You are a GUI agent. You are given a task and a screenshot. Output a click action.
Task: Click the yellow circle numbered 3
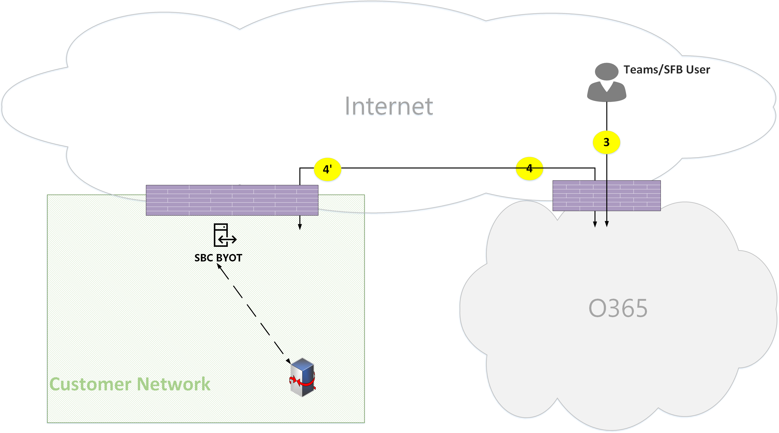click(606, 142)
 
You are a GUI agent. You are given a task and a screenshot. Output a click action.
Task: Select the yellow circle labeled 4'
click(327, 169)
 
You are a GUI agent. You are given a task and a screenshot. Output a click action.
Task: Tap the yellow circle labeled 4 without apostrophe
click(529, 168)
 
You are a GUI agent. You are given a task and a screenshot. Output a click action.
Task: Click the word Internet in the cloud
click(389, 106)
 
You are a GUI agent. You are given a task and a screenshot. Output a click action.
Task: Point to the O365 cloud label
click(618, 308)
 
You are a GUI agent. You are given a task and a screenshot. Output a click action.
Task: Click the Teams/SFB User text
click(667, 70)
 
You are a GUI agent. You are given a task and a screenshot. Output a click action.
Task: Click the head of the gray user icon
click(607, 71)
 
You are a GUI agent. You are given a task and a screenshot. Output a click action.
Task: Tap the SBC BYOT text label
click(218, 258)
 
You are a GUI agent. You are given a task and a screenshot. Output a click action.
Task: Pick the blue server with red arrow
click(302, 377)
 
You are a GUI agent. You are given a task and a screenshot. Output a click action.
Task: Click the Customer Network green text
click(130, 384)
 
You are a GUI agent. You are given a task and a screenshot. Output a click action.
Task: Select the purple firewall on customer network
click(232, 200)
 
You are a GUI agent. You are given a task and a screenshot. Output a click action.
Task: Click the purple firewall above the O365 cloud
click(606, 196)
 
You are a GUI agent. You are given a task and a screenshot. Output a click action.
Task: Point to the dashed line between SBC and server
click(254, 313)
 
